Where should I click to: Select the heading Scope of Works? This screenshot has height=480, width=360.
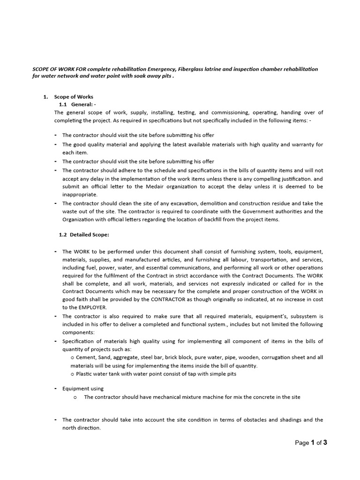click(x=74, y=97)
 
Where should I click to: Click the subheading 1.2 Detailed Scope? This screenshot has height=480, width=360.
click(x=83, y=234)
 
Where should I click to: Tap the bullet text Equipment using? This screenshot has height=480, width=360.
click(x=83, y=389)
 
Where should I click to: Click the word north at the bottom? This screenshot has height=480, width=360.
click(x=71, y=427)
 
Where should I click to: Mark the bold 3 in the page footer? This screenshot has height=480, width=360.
click(x=324, y=442)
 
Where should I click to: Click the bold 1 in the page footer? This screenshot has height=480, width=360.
click(x=312, y=442)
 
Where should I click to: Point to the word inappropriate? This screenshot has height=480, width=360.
click(x=80, y=194)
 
